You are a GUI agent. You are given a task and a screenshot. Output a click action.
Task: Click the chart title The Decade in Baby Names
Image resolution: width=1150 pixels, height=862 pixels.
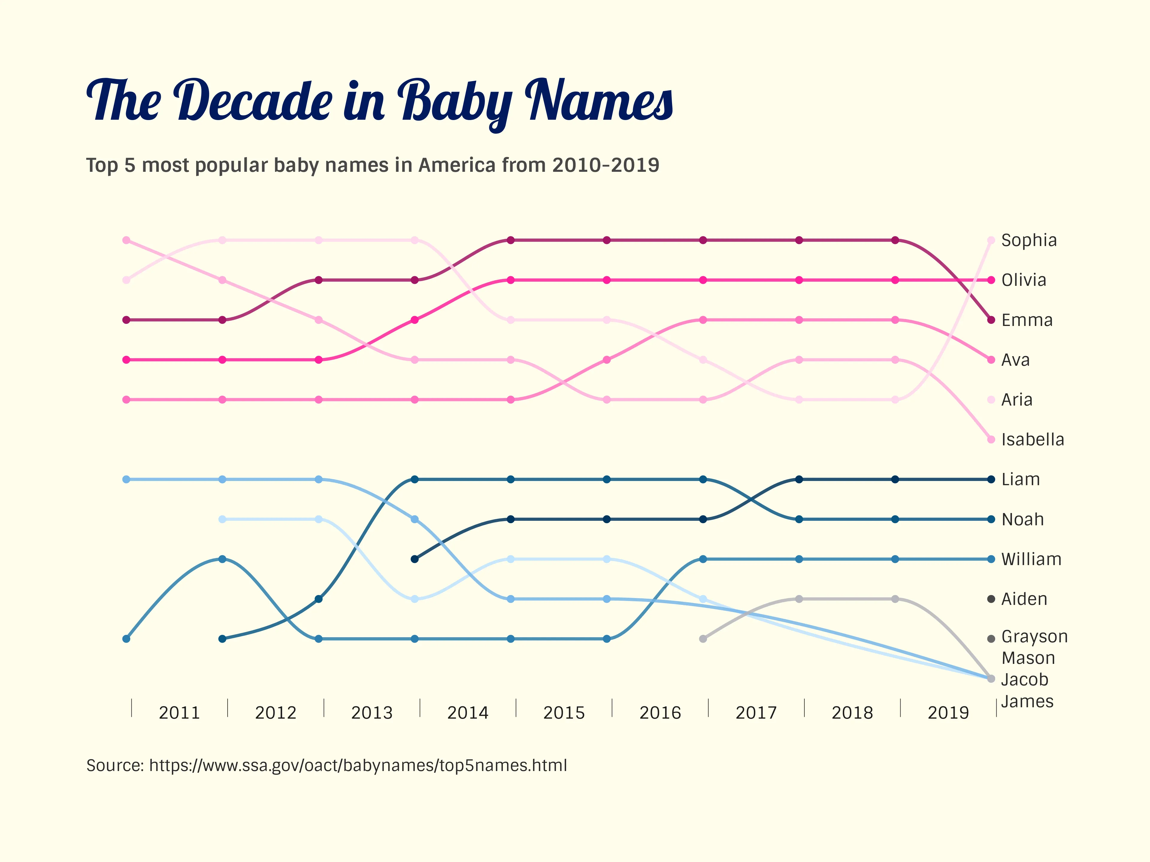coord(379,101)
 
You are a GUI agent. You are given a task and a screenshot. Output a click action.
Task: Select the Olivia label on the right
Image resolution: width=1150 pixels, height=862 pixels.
coord(1023,280)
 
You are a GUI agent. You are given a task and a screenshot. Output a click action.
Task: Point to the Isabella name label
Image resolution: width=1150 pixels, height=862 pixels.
coord(1032,440)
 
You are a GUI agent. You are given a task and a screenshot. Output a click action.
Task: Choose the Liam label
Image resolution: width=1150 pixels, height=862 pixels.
coord(1020,479)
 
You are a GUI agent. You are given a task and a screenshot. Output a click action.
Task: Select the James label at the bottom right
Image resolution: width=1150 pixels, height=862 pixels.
coord(1027,702)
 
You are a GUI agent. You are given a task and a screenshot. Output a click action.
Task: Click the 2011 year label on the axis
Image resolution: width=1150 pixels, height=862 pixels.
coord(179,712)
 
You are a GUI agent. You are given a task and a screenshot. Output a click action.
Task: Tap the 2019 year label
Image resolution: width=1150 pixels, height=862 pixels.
coord(948,712)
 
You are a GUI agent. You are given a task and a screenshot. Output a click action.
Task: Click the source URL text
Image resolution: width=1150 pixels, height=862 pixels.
coord(326,765)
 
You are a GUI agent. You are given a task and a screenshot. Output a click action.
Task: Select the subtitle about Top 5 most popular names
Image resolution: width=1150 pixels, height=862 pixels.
coord(372,165)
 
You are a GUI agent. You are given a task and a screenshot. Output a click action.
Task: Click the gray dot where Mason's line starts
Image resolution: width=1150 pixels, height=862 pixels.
coord(703,639)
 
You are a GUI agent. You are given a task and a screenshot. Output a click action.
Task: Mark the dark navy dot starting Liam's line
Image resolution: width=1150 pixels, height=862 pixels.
coord(414,559)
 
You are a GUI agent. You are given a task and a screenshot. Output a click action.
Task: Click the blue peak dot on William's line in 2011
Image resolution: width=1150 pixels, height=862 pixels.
coord(223,559)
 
